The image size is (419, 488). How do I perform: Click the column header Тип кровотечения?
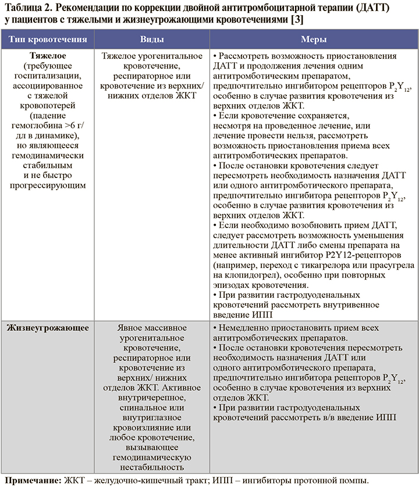(x=48, y=40)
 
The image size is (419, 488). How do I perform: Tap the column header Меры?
(x=313, y=40)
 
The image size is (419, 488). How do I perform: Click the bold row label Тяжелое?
(x=48, y=57)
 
